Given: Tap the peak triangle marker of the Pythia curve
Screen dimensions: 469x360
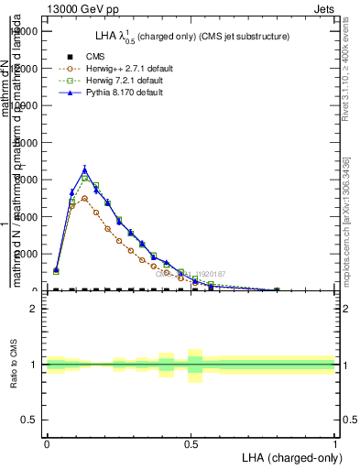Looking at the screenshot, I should [x=84, y=169].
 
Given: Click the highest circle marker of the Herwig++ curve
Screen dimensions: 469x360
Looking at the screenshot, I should [x=84, y=198].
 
